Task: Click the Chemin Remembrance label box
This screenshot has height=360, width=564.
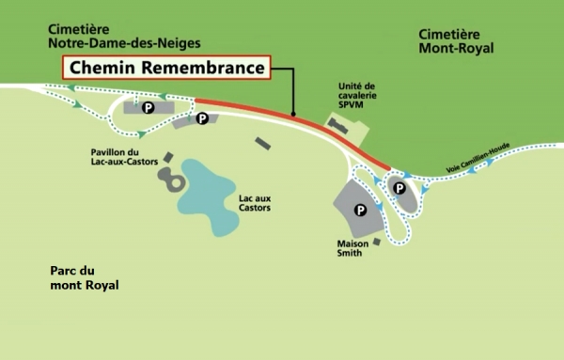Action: tap(166, 68)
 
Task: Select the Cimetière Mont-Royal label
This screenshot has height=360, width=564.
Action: tap(456, 40)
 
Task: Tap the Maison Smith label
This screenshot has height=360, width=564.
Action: tap(353, 248)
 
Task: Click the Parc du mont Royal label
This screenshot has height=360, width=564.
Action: tap(85, 277)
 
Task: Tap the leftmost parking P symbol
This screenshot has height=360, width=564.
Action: tap(148, 109)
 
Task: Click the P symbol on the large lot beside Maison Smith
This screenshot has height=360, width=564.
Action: tap(360, 210)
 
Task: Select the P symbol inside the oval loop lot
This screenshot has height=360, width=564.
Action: tap(399, 188)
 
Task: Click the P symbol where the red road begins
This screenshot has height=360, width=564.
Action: tap(201, 118)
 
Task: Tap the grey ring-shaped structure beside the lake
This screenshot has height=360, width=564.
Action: tap(170, 180)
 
